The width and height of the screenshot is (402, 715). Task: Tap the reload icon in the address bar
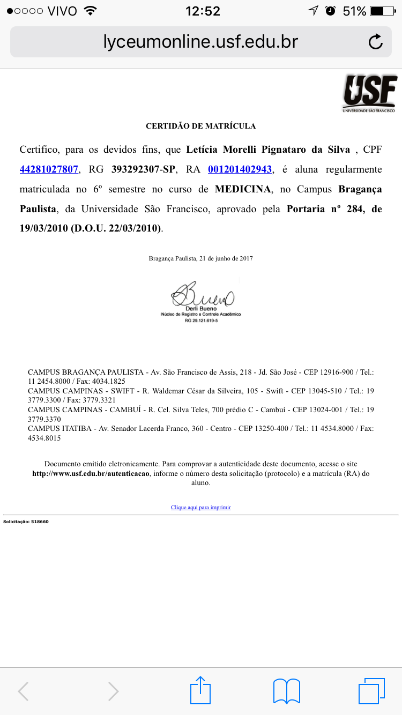coord(376,42)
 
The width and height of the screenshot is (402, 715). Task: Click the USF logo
coord(370,93)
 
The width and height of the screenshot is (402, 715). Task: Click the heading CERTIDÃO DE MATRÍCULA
coord(201,126)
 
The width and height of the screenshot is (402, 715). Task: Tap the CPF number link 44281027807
coord(49,169)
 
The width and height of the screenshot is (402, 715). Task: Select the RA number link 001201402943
coord(240,169)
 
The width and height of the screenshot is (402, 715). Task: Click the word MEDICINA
coord(242,190)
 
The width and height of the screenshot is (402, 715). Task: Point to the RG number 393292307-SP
coord(143,169)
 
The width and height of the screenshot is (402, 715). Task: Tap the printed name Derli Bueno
coord(202,309)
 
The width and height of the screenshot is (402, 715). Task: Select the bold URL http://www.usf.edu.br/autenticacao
coord(91,474)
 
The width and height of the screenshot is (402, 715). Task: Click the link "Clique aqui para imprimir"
coord(201,507)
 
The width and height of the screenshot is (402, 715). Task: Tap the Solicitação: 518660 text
coord(26,521)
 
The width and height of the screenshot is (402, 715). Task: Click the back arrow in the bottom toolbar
coord(24,691)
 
